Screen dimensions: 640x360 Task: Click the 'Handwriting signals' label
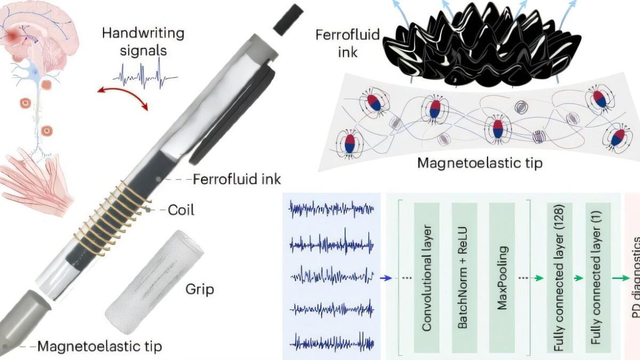point(143,42)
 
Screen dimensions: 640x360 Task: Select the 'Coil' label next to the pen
point(181,210)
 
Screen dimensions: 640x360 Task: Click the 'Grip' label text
point(199,289)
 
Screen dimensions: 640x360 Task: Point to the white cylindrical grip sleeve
point(154,282)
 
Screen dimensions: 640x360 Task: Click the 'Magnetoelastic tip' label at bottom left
point(100,346)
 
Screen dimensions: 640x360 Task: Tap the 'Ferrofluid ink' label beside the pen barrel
point(237,179)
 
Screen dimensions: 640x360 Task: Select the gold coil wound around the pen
point(112,218)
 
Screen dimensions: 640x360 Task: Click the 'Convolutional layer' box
point(427,277)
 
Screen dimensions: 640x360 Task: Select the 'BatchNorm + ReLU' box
point(465,277)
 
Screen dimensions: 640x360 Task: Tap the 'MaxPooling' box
point(502,277)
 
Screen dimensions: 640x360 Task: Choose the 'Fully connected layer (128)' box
point(559,277)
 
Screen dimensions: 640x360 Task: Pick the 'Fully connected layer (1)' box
point(598,277)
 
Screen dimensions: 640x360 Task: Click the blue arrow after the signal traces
point(386,278)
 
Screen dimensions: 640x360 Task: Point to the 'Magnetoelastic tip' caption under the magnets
point(480,163)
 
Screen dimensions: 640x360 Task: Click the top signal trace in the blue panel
point(331,209)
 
